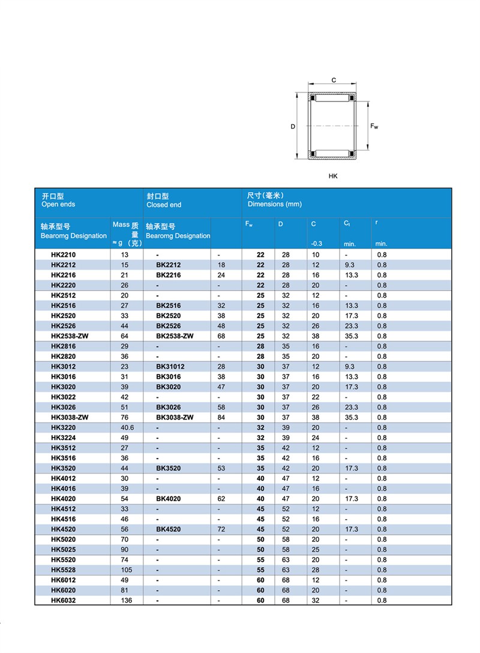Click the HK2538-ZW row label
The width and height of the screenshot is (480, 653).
[70, 336]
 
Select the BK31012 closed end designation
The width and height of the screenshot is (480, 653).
[170, 367]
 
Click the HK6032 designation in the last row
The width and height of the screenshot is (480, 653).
[64, 600]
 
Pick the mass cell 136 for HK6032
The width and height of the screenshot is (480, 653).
[125, 600]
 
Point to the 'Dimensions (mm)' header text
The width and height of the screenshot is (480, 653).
[274, 204]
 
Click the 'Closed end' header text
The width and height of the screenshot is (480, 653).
[164, 205]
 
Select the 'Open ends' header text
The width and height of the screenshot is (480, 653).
[58, 204]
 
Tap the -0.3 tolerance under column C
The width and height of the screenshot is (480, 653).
[317, 244]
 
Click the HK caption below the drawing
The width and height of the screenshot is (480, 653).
[333, 176]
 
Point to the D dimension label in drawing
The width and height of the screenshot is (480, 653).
[293, 127]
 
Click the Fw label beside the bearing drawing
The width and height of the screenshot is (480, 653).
[374, 126]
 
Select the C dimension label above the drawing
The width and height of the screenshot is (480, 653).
[334, 80]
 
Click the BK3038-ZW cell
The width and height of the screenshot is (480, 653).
[175, 418]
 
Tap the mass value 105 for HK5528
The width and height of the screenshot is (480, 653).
[125, 570]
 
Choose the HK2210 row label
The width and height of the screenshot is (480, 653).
[64, 255]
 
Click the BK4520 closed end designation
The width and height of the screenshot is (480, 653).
[169, 529]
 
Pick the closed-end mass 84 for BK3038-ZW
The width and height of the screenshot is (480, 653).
[221, 418]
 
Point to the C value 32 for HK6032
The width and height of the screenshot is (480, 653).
[316, 600]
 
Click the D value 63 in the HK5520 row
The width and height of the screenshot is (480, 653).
[286, 560]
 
